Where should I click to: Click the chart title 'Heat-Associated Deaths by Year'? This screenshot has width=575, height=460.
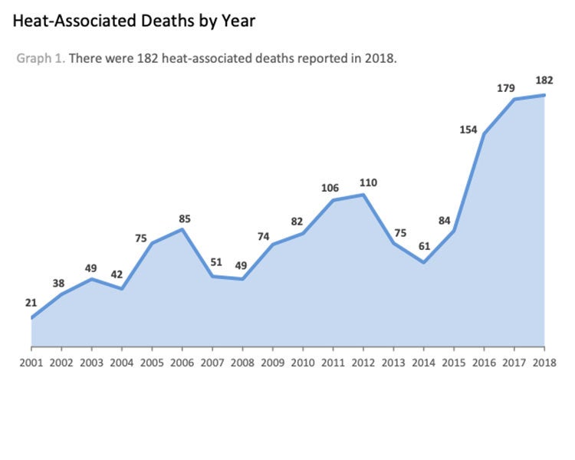tap(134, 21)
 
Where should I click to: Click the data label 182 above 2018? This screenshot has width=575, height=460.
tap(544, 80)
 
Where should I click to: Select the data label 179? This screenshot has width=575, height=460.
tap(505, 88)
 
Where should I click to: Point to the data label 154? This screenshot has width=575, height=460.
tap(468, 130)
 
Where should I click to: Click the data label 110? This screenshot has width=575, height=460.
tap(368, 182)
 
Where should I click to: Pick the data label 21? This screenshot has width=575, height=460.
tap(31, 303)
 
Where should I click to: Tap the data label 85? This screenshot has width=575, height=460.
tap(185, 219)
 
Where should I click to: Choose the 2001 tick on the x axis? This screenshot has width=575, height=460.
tap(31, 362)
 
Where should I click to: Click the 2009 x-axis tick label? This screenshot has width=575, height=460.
tap(272, 362)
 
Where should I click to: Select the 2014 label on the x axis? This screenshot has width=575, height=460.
tap(423, 362)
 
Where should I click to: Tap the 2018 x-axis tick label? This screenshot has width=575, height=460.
tap(544, 362)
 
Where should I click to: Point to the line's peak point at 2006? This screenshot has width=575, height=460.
tap(182, 229)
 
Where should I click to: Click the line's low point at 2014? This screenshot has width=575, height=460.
tap(423, 263)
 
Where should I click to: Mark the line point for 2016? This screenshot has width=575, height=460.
tap(484, 134)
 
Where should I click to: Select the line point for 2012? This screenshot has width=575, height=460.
tap(363, 195)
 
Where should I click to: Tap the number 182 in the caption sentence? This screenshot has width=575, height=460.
tap(143, 58)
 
